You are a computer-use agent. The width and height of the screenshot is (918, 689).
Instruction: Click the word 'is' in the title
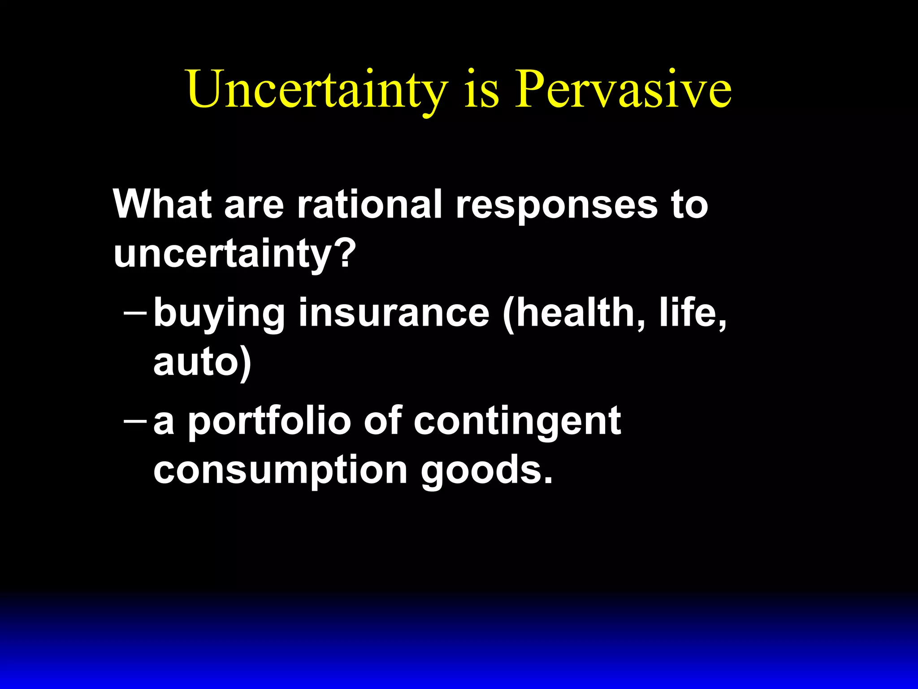coord(481,90)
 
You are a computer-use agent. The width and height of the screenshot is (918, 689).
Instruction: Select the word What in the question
coord(162,204)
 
